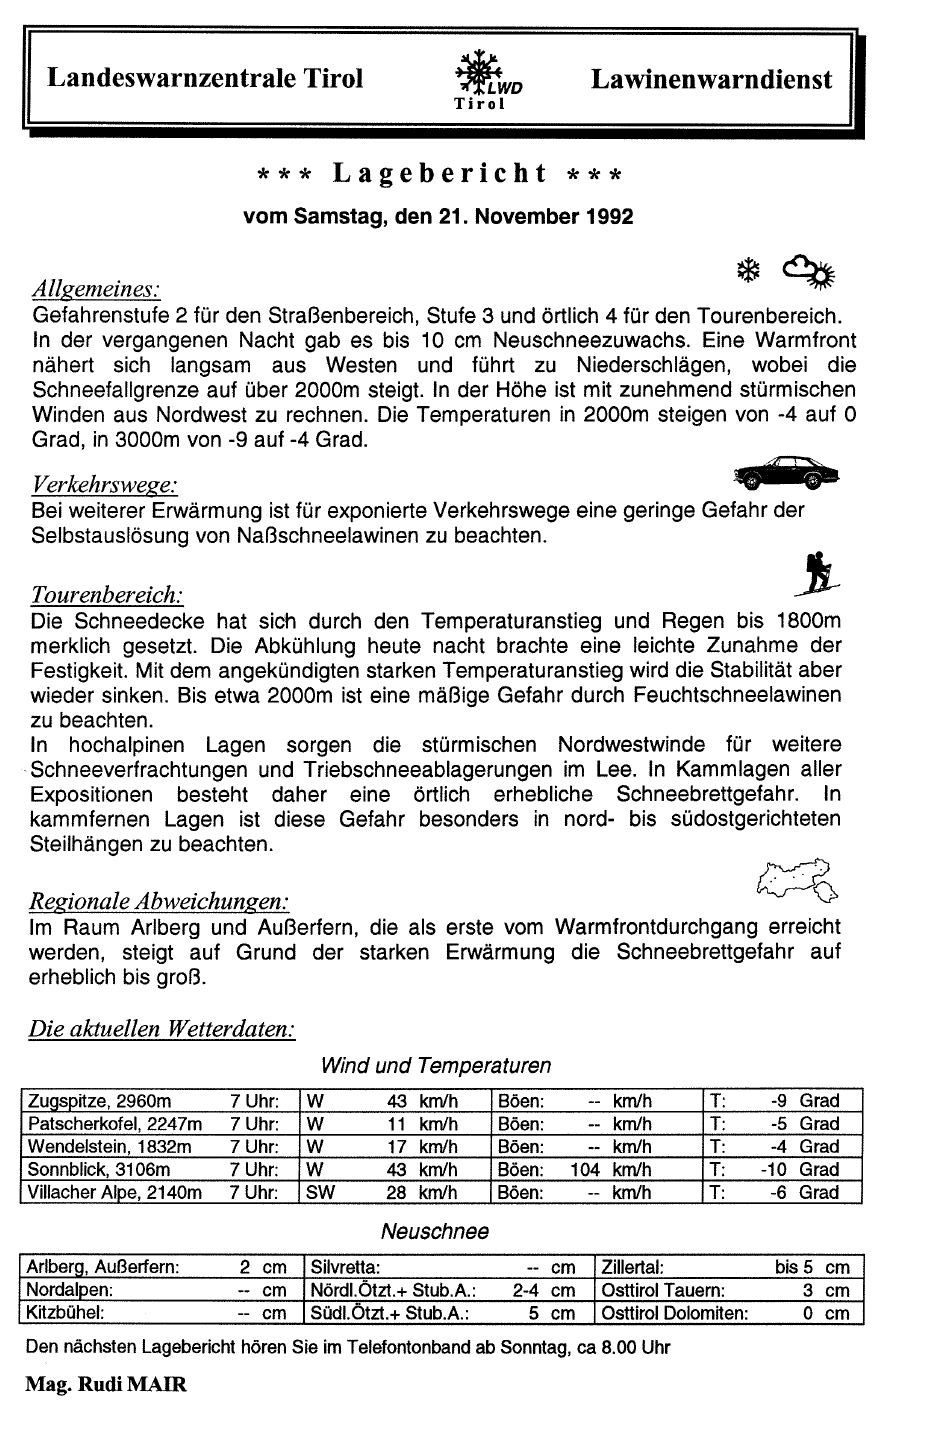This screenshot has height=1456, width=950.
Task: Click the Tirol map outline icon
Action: point(797,877)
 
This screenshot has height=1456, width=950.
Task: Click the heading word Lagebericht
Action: point(440,174)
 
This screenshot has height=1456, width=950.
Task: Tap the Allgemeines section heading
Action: point(96,290)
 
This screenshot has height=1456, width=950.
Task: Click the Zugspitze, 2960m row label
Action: point(100,1101)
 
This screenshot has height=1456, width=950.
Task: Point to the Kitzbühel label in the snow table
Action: point(66,1313)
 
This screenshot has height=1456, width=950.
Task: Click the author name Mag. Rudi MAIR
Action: point(106,1385)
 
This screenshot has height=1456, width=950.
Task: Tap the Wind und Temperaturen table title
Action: point(436,1066)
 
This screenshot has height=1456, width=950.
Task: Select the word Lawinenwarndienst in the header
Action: point(711,79)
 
